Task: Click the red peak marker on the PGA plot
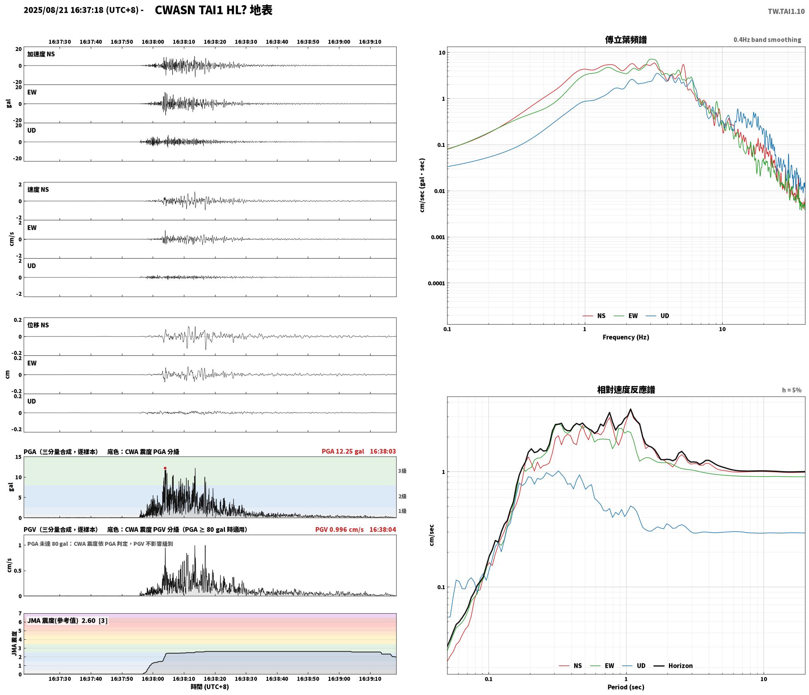[x=165, y=468]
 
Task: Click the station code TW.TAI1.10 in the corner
[x=786, y=11]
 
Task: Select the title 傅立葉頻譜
[x=626, y=39]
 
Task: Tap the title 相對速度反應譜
[x=626, y=390]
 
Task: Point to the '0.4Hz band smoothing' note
[x=767, y=40]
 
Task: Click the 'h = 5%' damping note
[x=792, y=390]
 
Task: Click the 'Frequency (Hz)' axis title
[x=626, y=337]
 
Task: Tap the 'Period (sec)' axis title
[x=626, y=687]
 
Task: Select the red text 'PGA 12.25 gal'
[x=343, y=451]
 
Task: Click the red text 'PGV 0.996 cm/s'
[x=339, y=530]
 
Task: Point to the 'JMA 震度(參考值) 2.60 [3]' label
[x=67, y=620]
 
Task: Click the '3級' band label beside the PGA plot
[x=402, y=471]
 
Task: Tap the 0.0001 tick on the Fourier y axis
[x=436, y=283]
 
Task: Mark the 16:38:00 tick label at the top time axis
[x=153, y=42]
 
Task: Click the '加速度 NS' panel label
[x=41, y=54]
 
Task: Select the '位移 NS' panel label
[x=38, y=325]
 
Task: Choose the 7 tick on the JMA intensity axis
[x=20, y=613]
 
